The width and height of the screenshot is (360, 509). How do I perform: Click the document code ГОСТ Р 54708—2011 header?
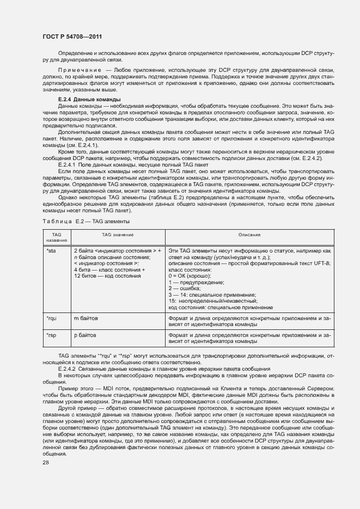72,36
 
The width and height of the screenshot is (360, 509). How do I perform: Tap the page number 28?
45,462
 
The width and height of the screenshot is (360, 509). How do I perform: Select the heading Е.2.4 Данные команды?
86,100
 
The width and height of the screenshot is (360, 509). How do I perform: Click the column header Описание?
249,235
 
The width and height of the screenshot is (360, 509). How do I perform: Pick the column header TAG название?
56,237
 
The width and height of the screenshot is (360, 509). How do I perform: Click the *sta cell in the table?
51,251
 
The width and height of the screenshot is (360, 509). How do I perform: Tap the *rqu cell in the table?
52,317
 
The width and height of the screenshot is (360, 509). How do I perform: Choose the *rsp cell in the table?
52,335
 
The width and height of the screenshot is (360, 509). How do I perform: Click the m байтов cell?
85,317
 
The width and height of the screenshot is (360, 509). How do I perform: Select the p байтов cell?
85,335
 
